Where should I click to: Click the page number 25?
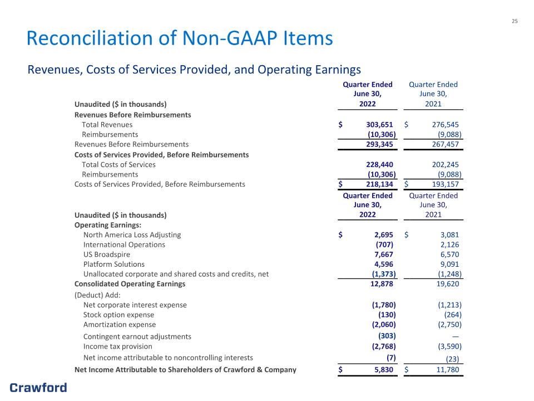point(515,21)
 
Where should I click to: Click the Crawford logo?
point(38,388)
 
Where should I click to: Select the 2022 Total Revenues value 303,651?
point(379,125)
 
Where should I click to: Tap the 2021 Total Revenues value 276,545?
point(446,125)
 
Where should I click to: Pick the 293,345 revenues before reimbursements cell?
point(379,144)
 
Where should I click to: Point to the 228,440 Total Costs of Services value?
point(379,165)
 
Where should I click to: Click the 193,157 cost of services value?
point(446,184)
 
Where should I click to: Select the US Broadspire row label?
point(107,255)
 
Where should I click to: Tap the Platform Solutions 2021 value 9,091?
point(449,264)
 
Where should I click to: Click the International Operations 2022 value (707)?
point(384,245)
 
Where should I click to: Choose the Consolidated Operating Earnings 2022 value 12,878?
point(382,284)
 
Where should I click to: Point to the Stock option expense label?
point(118,315)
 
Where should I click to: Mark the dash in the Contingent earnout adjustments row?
point(456,336)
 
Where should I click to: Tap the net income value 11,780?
point(448,370)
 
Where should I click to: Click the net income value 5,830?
point(384,370)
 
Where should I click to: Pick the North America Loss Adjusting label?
point(132,235)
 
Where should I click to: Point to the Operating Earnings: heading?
point(107,226)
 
